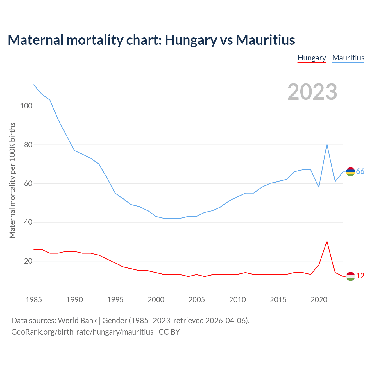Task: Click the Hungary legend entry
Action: click(x=312, y=58)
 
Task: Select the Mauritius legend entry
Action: click(x=348, y=58)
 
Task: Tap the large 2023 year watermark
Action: click(x=312, y=92)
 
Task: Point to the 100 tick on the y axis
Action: click(x=26, y=106)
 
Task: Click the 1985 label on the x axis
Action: click(x=34, y=300)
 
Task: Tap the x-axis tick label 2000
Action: click(x=156, y=300)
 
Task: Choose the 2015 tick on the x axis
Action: click(x=278, y=300)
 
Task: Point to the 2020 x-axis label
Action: click(x=319, y=300)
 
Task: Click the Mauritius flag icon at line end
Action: click(x=350, y=172)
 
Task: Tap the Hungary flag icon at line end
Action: click(x=350, y=276)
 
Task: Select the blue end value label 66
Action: click(x=360, y=171)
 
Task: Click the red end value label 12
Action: click(x=360, y=276)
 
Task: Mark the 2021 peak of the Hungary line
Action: click(x=327, y=242)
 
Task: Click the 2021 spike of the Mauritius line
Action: click(x=327, y=145)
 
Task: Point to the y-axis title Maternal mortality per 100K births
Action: click(x=12, y=180)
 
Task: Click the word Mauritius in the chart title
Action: click(x=265, y=40)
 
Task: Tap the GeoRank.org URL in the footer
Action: click(x=82, y=332)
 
